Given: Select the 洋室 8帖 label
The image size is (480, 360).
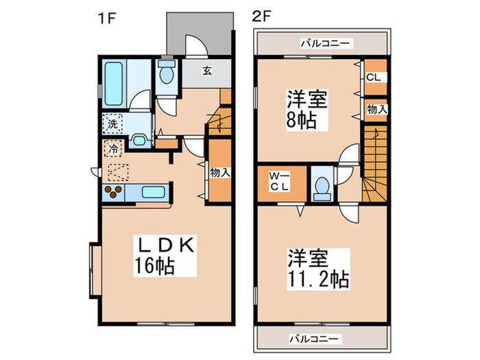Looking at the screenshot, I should [x=306, y=108].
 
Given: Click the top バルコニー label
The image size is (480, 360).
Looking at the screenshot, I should [x=325, y=43].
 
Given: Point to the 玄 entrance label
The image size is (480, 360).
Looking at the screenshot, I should [x=205, y=69].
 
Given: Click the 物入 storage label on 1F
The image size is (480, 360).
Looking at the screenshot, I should [x=219, y=173].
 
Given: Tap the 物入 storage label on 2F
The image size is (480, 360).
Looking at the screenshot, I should [x=376, y=109].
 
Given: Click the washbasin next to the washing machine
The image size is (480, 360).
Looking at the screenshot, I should [x=138, y=141].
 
